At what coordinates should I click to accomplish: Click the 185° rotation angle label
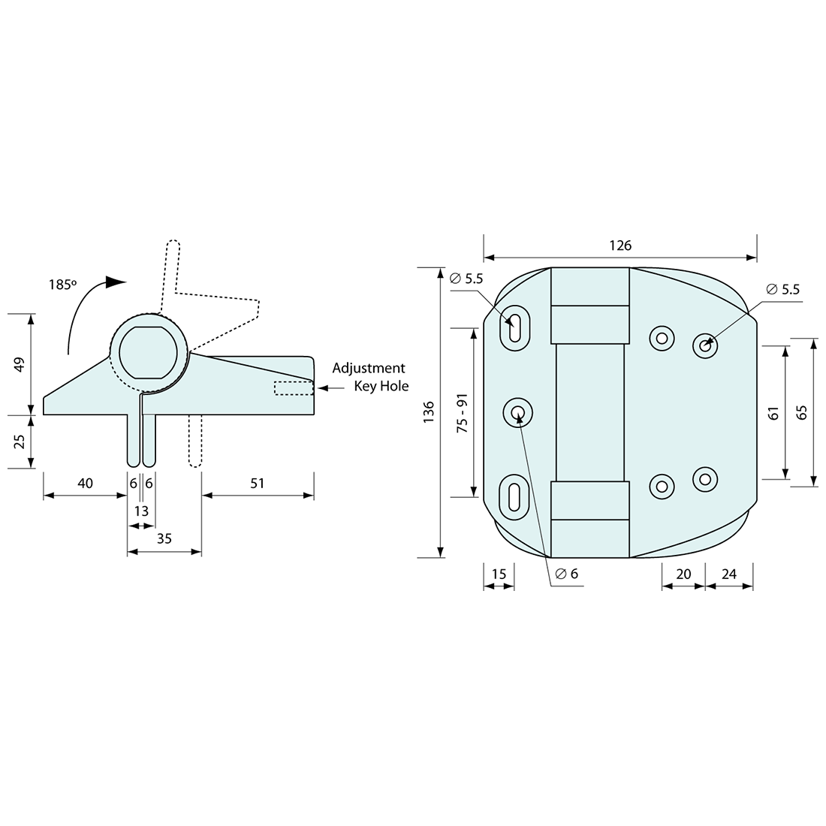point(63,285)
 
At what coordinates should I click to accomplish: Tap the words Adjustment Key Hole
point(369,377)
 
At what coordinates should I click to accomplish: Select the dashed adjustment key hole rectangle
point(294,388)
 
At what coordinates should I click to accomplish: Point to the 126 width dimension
point(620,246)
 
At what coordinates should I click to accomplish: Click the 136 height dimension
point(429,413)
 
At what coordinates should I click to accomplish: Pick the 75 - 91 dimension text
point(463,412)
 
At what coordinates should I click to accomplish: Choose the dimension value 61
point(774,412)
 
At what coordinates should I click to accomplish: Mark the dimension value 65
point(801,412)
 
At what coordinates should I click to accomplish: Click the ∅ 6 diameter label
point(567,574)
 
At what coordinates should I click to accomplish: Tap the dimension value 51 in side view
point(258,484)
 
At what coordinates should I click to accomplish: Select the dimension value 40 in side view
point(85,484)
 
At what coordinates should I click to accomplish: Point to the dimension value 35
point(164,538)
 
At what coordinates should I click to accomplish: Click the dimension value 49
point(20,364)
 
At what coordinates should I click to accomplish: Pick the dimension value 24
point(728,574)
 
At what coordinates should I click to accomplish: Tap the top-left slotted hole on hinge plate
point(514,327)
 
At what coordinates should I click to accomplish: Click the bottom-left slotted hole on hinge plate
point(514,496)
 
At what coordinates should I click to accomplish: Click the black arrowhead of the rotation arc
point(115,282)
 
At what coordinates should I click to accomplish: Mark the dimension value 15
point(499,574)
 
